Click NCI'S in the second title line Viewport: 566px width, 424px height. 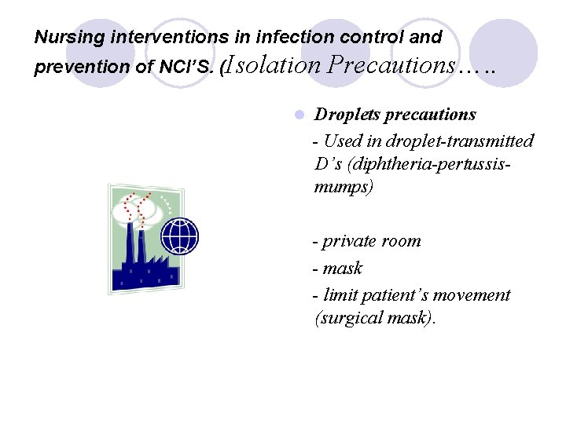point(187,68)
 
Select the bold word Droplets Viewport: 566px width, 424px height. point(347,115)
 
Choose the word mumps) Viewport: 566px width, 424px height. point(344,188)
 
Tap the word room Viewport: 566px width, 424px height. point(402,241)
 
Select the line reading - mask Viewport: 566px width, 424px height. point(338,269)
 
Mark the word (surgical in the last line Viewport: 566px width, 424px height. point(344,318)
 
